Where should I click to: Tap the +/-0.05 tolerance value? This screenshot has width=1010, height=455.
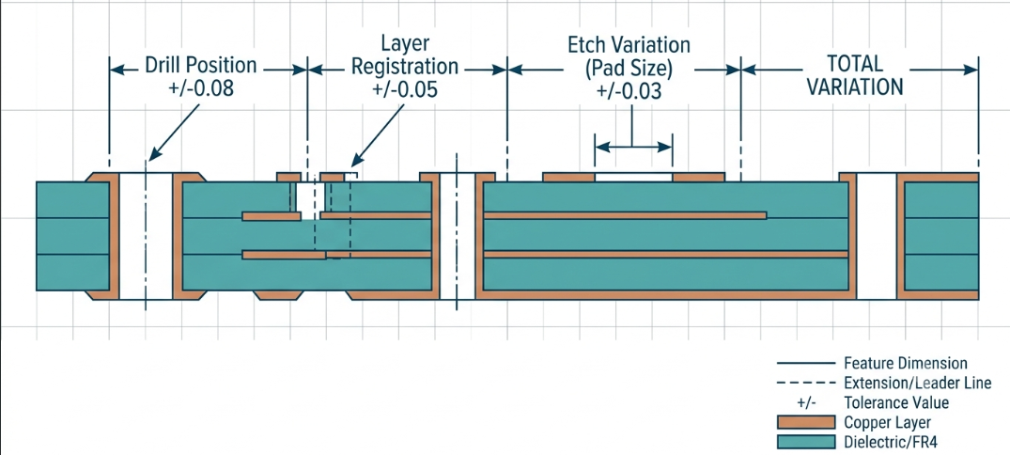tap(405, 89)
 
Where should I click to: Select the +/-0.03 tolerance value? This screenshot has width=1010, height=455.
tap(629, 91)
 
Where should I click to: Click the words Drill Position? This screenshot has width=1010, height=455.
tap(200, 66)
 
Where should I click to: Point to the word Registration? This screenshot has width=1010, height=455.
tap(406, 67)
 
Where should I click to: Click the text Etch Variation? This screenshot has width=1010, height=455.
tap(629, 45)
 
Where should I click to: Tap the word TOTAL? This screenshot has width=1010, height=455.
tap(855, 64)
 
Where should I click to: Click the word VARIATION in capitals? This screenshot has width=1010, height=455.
tap(855, 87)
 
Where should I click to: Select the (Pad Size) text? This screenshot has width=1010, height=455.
tap(629, 69)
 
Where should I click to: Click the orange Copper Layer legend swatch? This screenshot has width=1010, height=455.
tap(805, 423)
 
